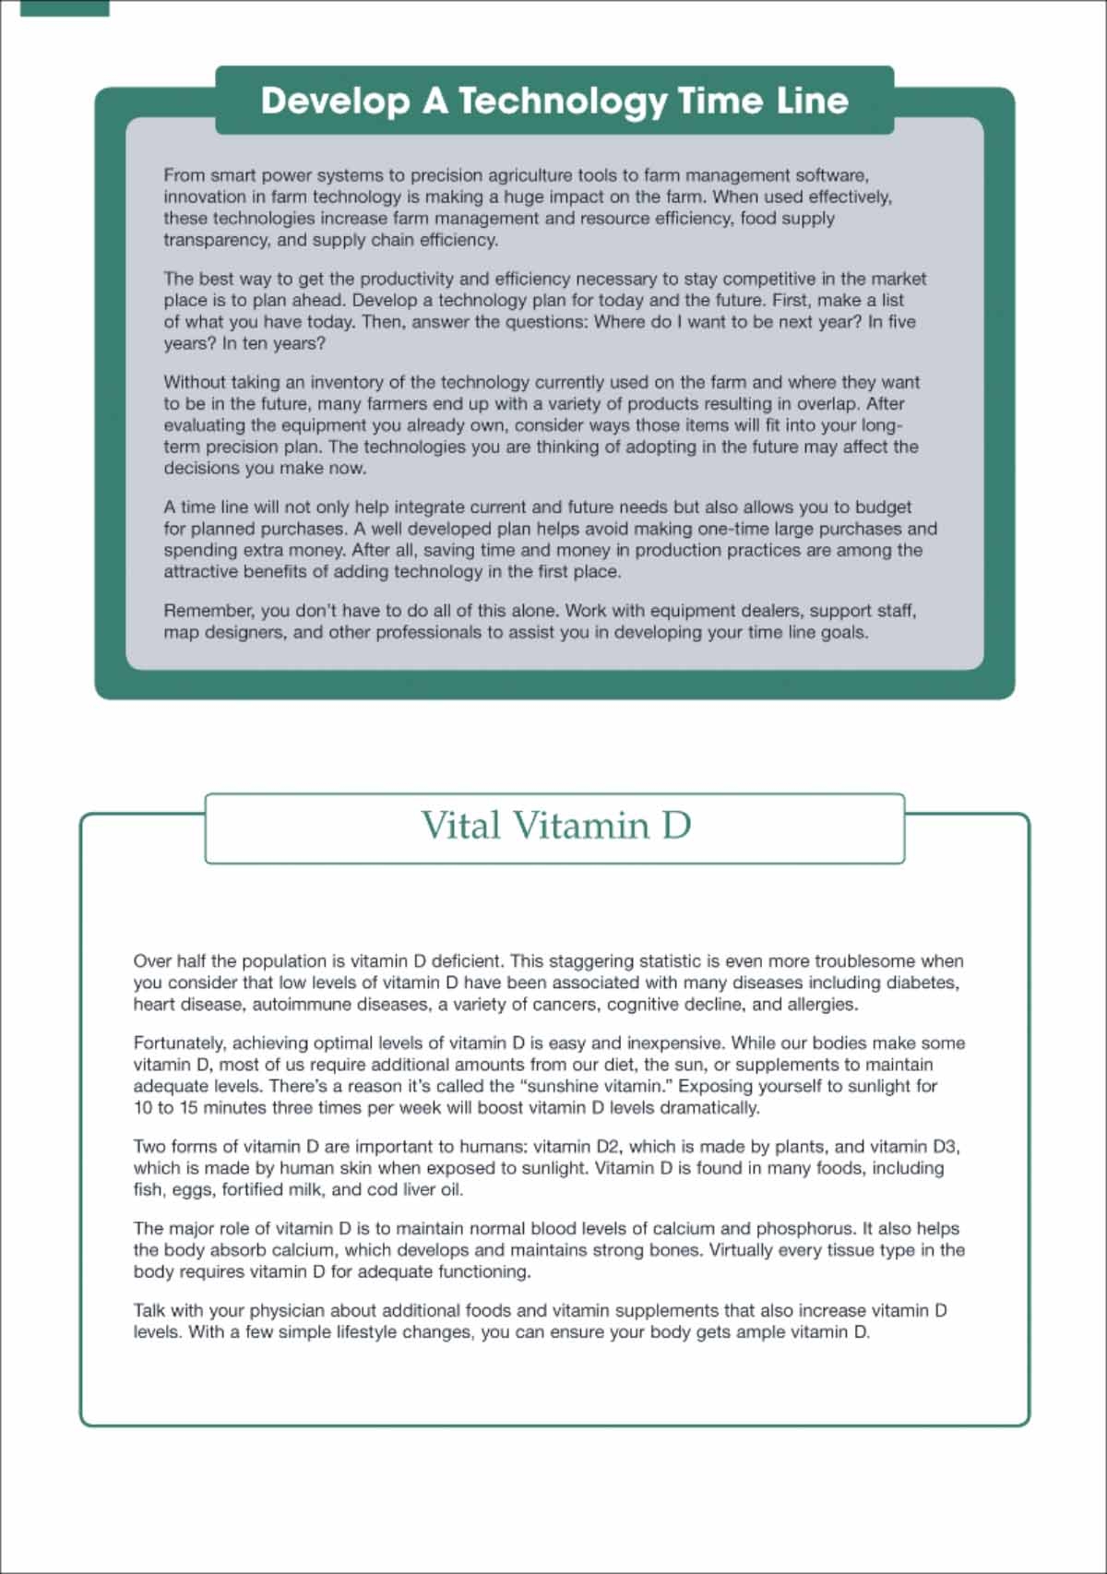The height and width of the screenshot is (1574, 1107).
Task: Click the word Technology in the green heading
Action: click(x=562, y=101)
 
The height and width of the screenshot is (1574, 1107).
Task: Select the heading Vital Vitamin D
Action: click(x=555, y=826)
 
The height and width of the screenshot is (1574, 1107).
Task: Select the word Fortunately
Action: click(x=180, y=1043)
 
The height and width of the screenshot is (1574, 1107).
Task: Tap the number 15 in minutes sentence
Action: click(x=189, y=1108)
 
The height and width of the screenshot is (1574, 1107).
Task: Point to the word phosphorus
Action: click(x=805, y=1229)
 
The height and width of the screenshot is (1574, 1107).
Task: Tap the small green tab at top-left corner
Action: click(x=65, y=7)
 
